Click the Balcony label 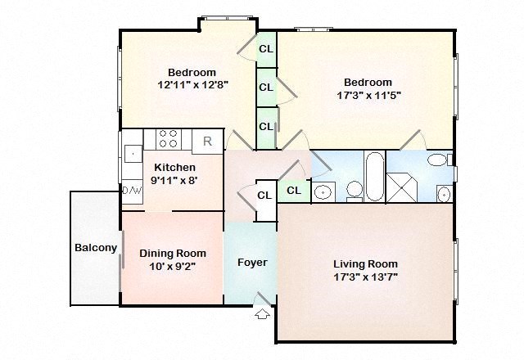96,248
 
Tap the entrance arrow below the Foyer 262,313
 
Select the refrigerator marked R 207,141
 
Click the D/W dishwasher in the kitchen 132,190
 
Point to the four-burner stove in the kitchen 168,139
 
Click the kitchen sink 133,152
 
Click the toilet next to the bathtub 355,190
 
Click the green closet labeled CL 294,191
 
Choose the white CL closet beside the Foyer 264,196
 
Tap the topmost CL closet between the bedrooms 266,49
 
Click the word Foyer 251,263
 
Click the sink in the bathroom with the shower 443,194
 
